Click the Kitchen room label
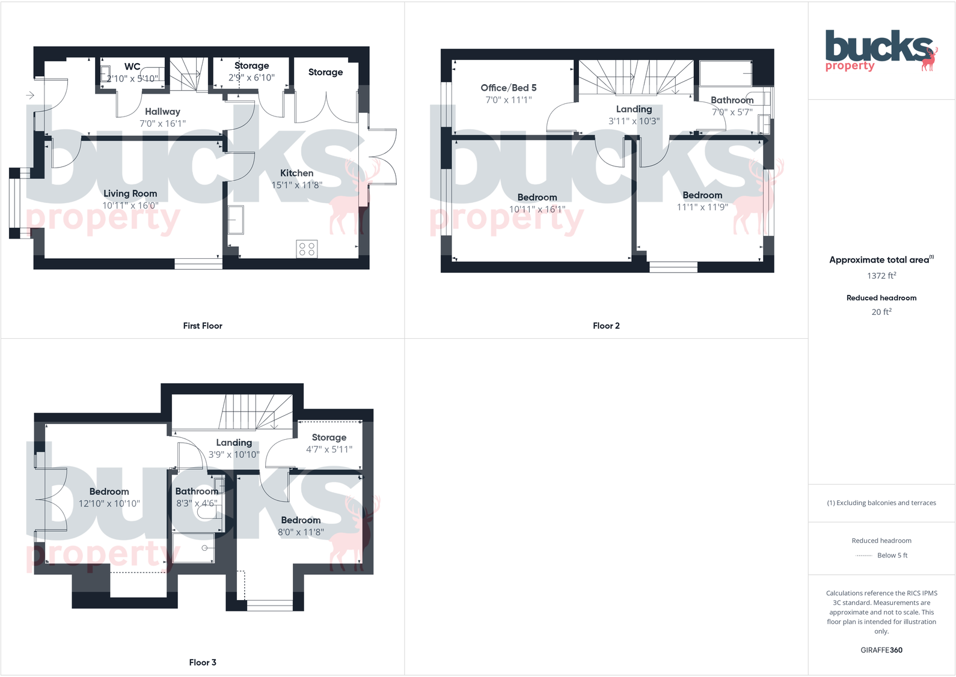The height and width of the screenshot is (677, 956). click(x=296, y=173)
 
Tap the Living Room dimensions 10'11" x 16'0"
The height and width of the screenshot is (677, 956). click(x=130, y=205)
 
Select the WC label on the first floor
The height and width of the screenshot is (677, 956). click(x=132, y=67)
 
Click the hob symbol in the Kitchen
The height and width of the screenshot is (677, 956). click(x=307, y=249)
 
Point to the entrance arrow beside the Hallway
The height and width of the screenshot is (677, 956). click(x=31, y=95)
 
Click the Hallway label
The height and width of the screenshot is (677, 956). click(x=162, y=111)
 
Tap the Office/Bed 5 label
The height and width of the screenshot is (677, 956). click(x=508, y=88)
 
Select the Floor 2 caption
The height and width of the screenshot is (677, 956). click(x=606, y=326)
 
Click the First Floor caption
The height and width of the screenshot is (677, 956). click(x=203, y=326)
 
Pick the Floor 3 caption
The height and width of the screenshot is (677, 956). click(x=203, y=662)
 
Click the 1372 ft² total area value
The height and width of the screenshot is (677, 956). click(x=881, y=276)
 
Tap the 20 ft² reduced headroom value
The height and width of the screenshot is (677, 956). click(x=881, y=312)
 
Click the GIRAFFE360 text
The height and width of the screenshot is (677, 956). click(x=881, y=650)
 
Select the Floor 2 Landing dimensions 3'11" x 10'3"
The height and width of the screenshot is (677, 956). click(x=634, y=121)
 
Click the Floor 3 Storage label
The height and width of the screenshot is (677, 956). click(x=329, y=437)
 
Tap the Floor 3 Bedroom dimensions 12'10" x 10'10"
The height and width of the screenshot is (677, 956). click(x=109, y=503)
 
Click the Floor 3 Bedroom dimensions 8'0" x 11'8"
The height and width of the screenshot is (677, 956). click(x=301, y=532)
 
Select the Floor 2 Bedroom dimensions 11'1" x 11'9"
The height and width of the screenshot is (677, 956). click(x=702, y=207)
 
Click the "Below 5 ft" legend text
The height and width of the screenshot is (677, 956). click(x=892, y=555)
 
